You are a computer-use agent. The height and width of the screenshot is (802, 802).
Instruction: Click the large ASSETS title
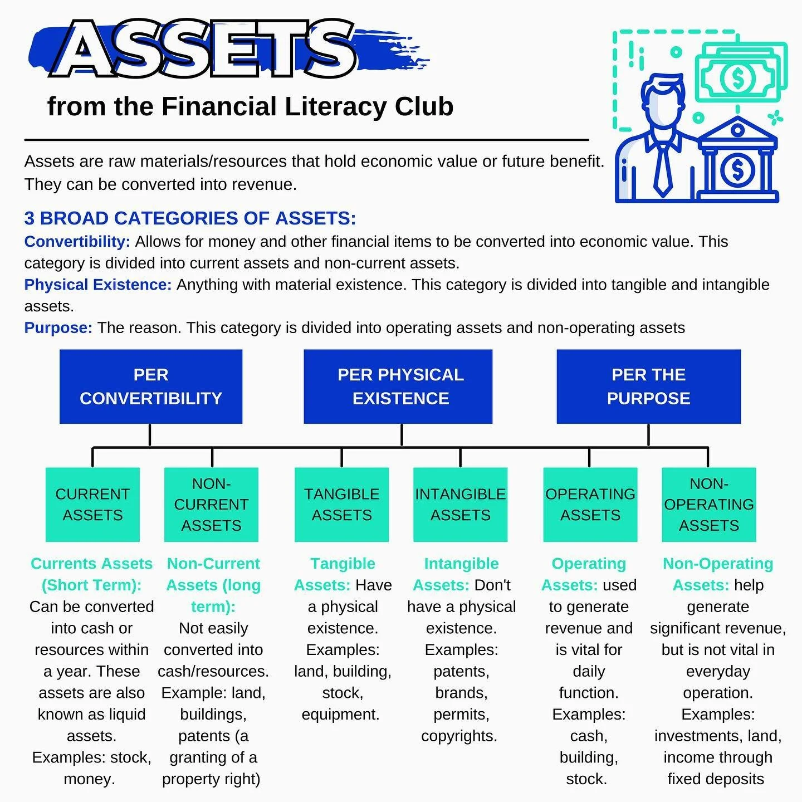pyautogui.click(x=206, y=49)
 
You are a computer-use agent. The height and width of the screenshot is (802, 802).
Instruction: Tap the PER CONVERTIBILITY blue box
pyautogui.click(x=150, y=387)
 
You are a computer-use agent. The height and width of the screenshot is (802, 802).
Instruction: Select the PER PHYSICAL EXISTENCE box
pyautogui.click(x=398, y=387)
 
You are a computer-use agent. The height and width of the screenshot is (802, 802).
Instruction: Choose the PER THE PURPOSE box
pyautogui.click(x=648, y=387)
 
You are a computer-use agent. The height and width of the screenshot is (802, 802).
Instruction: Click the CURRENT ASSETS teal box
pyautogui.click(x=92, y=505)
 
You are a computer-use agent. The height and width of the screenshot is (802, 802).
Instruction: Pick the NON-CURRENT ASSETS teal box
pyautogui.click(x=211, y=505)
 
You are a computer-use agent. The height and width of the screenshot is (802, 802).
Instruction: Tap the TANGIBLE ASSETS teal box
pyautogui.click(x=341, y=505)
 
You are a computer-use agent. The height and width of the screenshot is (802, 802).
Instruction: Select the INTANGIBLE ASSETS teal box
pyautogui.click(x=460, y=505)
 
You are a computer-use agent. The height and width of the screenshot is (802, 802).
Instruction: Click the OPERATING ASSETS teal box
pyautogui.click(x=590, y=505)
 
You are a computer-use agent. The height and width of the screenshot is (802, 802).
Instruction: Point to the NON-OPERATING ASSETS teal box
pyautogui.click(x=708, y=505)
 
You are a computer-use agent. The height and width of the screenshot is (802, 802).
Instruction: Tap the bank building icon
pyautogui.click(x=737, y=162)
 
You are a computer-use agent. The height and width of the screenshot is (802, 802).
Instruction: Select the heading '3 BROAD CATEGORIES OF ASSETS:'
pyautogui.click(x=190, y=218)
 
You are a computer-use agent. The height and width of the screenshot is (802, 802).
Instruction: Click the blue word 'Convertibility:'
pyautogui.click(x=77, y=242)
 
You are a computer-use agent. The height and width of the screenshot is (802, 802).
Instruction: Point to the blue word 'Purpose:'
pyautogui.click(x=58, y=328)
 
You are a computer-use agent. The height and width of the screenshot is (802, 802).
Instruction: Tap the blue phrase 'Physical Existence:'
pyautogui.click(x=97, y=285)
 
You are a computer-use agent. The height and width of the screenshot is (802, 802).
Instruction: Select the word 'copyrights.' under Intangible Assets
pyautogui.click(x=459, y=736)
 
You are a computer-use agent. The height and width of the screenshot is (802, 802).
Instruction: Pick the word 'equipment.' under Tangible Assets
pyautogui.click(x=340, y=715)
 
